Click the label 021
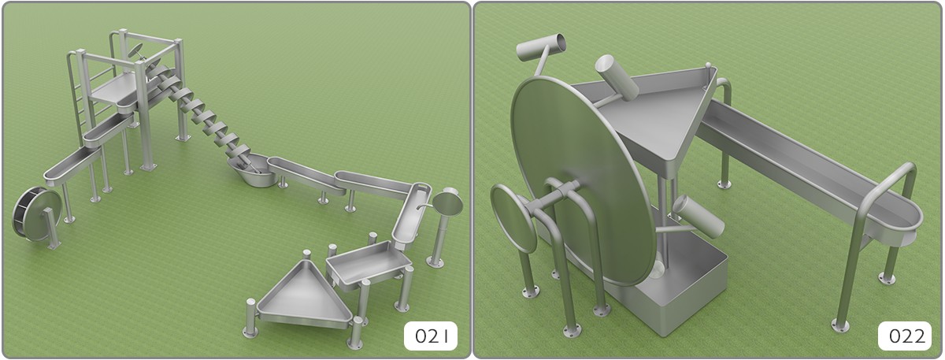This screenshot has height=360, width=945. click(x=431, y=336)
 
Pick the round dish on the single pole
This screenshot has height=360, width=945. click(x=447, y=202)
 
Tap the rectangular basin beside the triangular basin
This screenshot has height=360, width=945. click(x=367, y=262)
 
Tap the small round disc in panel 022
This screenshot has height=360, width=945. click(x=513, y=217)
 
